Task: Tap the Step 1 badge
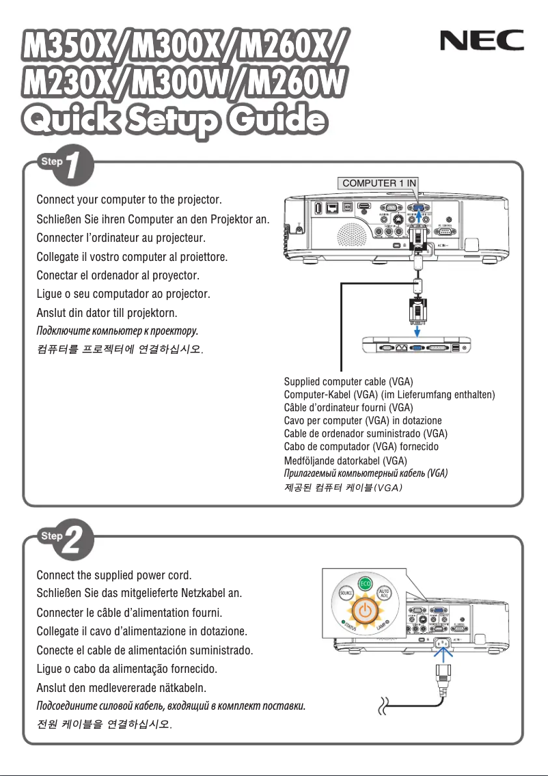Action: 61,166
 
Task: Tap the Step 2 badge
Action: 61,540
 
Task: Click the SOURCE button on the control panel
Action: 346,595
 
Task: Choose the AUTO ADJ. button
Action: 385,594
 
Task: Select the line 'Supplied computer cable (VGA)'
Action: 348,381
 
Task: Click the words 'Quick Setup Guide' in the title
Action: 172,120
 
